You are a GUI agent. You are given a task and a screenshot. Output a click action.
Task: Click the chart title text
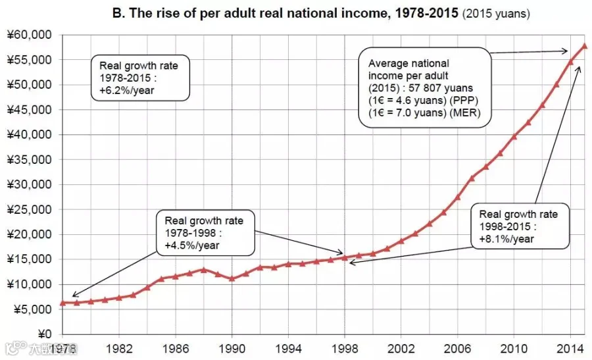pyautogui.click(x=321, y=13)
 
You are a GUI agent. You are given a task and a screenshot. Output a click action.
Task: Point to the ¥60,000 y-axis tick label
pyautogui.click(x=29, y=35)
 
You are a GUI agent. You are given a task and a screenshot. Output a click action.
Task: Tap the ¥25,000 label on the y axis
pyautogui.click(x=29, y=209)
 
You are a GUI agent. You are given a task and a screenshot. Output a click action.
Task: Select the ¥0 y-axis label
pyautogui.click(x=45, y=334)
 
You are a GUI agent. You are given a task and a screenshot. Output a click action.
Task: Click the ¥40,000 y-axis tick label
pyautogui.click(x=29, y=134)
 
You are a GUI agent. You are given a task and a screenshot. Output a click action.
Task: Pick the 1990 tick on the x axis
pyautogui.click(x=232, y=348)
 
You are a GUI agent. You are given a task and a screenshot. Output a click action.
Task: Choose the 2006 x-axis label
pyautogui.click(x=457, y=348)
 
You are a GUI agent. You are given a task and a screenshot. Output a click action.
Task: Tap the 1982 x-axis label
pyautogui.click(x=119, y=348)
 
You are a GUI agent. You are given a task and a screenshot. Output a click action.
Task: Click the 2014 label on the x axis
pyautogui.click(x=570, y=348)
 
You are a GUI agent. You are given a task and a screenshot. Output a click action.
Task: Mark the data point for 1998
pyautogui.click(x=344, y=257)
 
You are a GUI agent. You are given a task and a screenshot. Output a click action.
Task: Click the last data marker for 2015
pyautogui.click(x=585, y=46)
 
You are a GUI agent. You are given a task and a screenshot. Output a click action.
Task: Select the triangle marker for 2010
pyautogui.click(x=514, y=136)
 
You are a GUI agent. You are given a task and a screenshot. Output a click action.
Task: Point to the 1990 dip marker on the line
pyautogui.click(x=232, y=279)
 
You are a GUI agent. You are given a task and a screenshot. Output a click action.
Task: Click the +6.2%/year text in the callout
pyautogui.click(x=127, y=90)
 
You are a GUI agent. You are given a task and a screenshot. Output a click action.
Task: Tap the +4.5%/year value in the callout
pyautogui.click(x=192, y=245)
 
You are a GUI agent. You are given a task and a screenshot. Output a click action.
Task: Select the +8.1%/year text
pyautogui.click(x=506, y=239)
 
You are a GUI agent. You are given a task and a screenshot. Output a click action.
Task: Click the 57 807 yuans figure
pyautogui.click(x=441, y=88)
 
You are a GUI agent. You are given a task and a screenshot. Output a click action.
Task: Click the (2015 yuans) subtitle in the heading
pyautogui.click(x=496, y=14)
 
